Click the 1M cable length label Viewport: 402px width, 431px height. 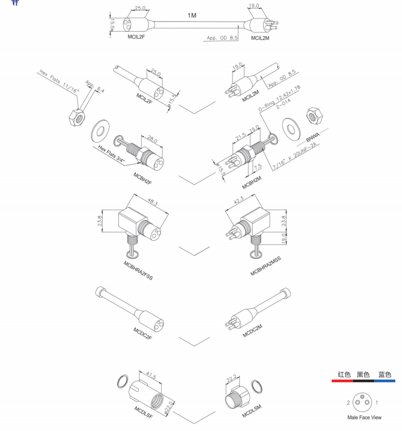coord(192,16)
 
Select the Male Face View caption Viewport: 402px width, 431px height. coord(364,417)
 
